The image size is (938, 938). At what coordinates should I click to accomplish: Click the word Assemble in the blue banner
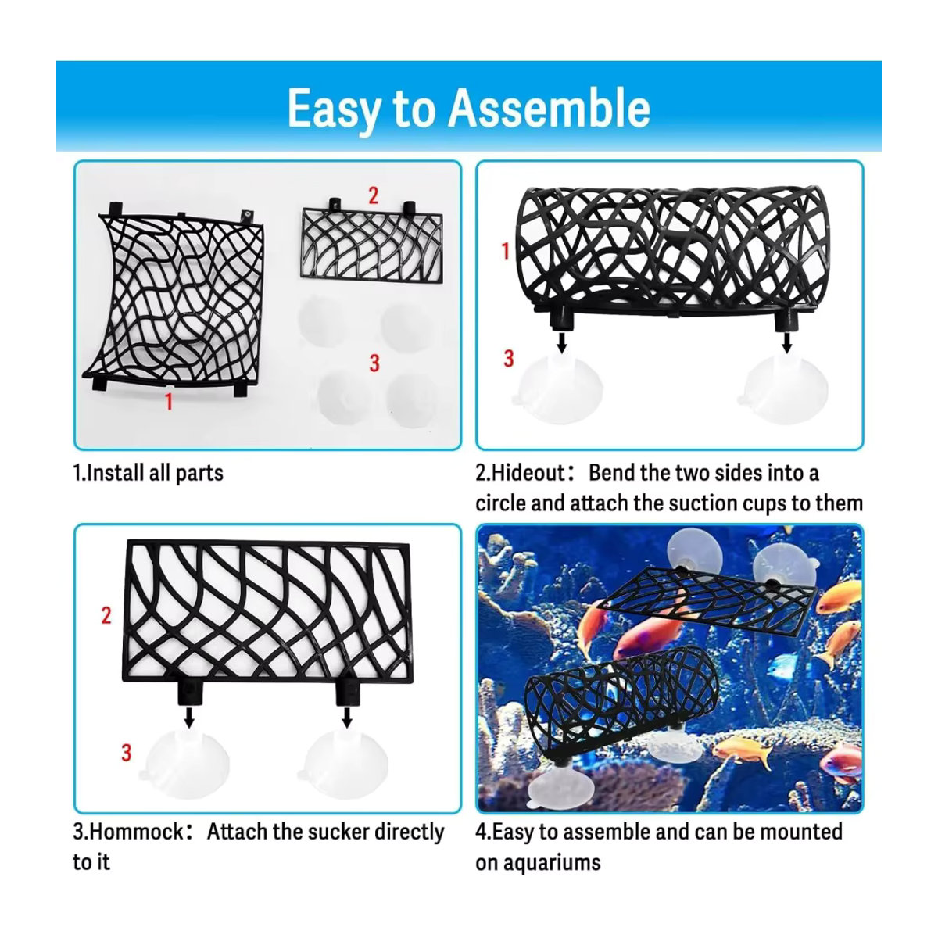click(549, 108)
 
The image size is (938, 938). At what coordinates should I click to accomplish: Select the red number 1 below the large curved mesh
click(168, 402)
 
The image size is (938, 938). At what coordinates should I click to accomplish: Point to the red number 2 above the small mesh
click(373, 195)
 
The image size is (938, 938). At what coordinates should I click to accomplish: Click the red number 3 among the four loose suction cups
click(374, 363)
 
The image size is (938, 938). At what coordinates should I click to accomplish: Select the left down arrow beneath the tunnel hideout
click(562, 342)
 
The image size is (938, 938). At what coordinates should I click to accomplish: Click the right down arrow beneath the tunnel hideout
click(786, 342)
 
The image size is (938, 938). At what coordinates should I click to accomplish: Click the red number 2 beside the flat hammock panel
click(106, 615)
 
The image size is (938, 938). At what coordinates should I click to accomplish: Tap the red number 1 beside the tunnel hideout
click(505, 251)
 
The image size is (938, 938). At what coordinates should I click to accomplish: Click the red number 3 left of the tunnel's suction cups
click(508, 359)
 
